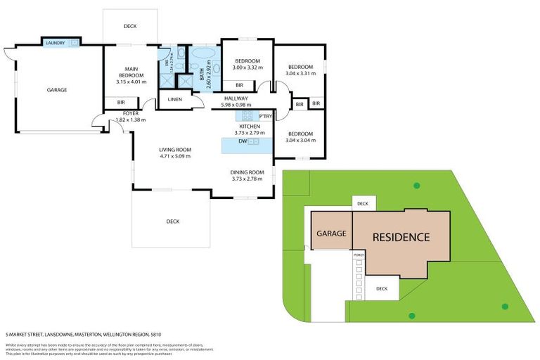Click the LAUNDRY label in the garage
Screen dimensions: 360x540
(55, 43)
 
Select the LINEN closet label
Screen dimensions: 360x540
(175, 100)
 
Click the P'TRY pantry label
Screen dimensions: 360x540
(265, 116)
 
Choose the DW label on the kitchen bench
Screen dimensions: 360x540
(242, 141)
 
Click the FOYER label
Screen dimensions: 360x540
(130, 113)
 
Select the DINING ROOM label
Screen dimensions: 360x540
(247, 172)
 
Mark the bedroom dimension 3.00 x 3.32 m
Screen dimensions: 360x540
(247, 68)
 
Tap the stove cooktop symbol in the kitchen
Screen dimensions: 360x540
(247, 116)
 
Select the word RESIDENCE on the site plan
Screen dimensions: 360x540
(400, 237)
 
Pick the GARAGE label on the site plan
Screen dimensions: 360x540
(331, 233)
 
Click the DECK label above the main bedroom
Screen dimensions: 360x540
(130, 27)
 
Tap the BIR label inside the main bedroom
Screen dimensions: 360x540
(121, 103)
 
